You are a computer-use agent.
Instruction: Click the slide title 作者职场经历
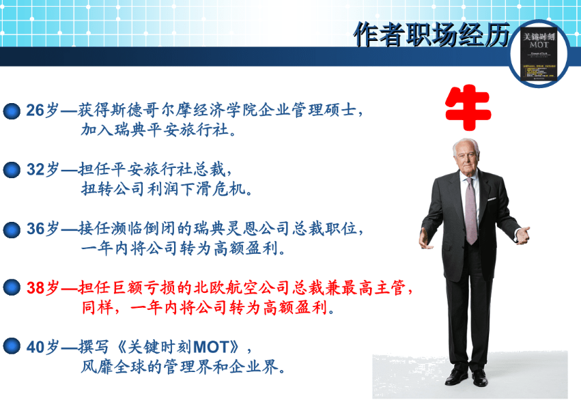432,34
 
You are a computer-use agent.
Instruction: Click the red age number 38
35,288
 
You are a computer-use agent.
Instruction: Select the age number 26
35,111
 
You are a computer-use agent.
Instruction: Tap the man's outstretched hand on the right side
522,236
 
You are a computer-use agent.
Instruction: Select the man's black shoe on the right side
480,378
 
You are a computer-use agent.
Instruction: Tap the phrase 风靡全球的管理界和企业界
182,367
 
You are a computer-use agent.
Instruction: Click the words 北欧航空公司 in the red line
249,288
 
